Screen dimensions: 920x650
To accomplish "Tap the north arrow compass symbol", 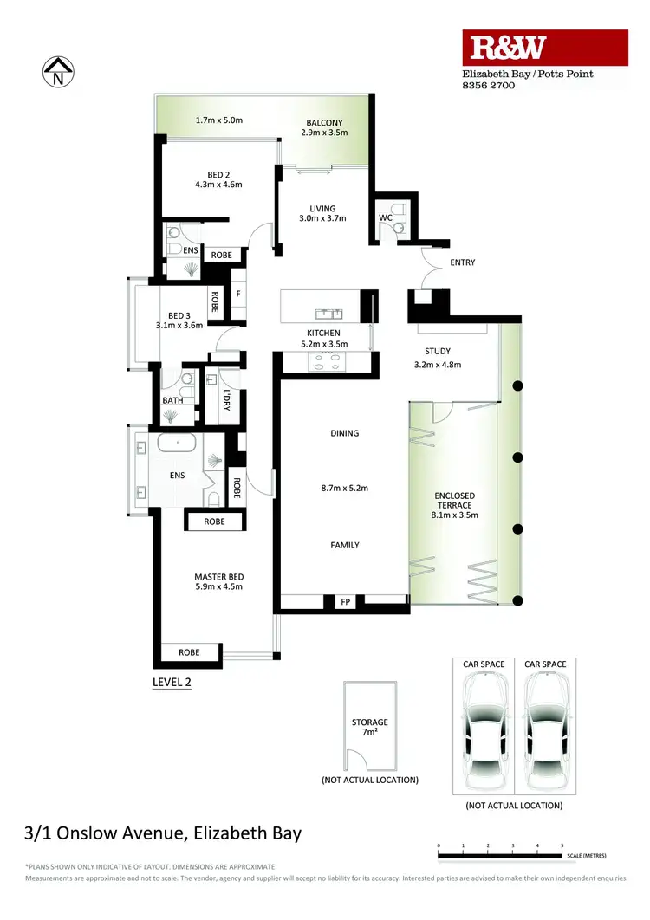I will tap(59, 72).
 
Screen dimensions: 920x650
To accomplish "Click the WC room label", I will tap(386, 217).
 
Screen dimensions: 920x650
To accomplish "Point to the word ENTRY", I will tap(462, 262).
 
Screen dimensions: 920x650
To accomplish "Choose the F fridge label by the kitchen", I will tap(237, 293).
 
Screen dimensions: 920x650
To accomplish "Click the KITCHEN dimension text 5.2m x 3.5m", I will tap(323, 344).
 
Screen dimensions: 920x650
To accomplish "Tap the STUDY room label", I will tap(437, 351).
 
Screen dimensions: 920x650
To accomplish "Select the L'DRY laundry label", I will tap(227, 400).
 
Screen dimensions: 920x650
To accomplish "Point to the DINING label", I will tap(344, 433).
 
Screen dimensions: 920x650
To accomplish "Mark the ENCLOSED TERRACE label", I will tap(455, 502).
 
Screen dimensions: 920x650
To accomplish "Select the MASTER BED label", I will tap(218, 577).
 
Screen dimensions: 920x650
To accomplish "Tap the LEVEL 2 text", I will tap(172, 682).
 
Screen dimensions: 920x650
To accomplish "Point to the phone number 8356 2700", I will tap(488, 86).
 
